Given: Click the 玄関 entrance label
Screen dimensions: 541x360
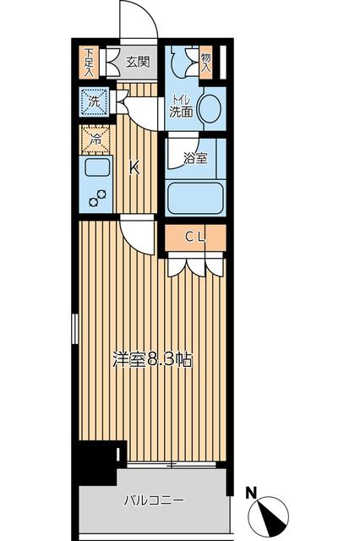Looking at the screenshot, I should pos(138,61).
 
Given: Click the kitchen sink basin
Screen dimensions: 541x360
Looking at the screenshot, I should pos(95,168).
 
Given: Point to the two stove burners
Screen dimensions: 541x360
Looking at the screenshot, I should pos(99,199).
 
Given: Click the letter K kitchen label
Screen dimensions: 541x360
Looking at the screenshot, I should pos(134,167).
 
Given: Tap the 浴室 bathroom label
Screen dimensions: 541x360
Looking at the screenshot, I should pos(196,156).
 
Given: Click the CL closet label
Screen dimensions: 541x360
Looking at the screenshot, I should pos(194,238).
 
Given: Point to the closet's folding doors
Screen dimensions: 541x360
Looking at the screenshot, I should pos(194,265).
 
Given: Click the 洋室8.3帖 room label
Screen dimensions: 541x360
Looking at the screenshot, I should pos(153,358).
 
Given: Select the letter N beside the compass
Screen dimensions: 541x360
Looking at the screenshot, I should pos(250,491).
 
